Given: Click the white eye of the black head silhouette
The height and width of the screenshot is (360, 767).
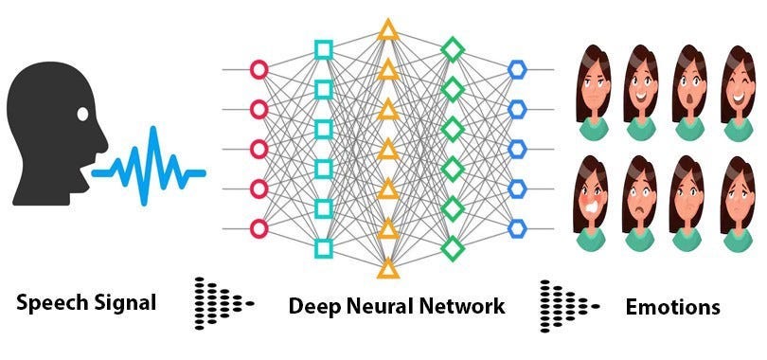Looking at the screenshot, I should [82, 115].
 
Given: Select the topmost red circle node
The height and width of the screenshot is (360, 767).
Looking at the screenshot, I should [258, 69].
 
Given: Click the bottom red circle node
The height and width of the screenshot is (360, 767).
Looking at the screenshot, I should [258, 228].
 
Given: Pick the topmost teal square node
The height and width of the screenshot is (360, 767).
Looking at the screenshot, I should [323, 48].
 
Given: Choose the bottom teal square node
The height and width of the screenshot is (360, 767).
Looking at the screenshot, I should [323, 248].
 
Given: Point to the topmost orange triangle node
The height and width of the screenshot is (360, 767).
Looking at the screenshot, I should [387, 29].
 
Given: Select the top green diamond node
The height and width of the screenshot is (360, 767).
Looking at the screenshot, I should [454, 48].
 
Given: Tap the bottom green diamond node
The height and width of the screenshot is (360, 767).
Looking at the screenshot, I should [454, 248].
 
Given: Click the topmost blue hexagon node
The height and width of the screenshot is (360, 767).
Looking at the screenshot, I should [517, 69].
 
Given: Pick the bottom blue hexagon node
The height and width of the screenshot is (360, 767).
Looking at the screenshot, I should [517, 228].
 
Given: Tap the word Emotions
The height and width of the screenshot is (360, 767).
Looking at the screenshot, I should [672, 306].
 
